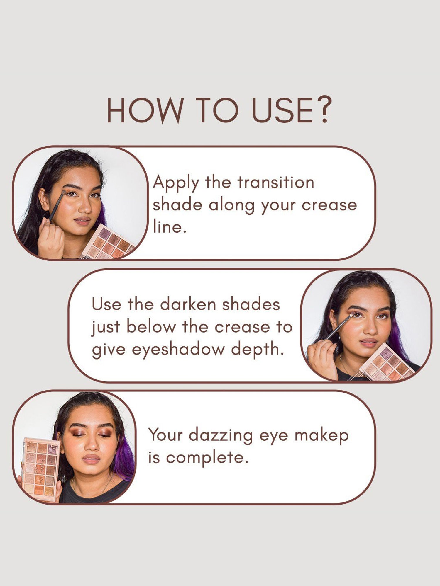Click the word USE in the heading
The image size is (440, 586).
click(282, 110)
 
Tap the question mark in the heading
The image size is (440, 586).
click(323, 110)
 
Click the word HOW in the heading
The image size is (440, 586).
click(145, 110)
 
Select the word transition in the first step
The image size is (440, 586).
click(276, 182)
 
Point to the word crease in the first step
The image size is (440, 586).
click(329, 205)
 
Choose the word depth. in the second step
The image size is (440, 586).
click(258, 349)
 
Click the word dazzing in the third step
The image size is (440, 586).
click(221, 435)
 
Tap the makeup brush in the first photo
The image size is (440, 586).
click(57, 205)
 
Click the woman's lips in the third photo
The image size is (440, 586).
click(91, 459)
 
